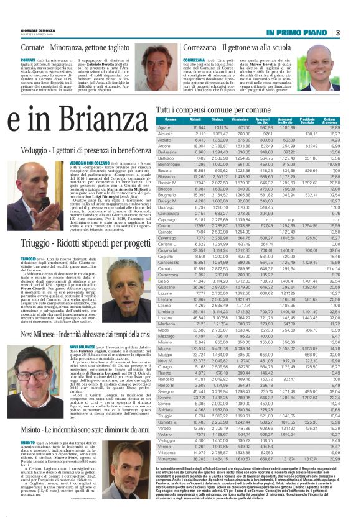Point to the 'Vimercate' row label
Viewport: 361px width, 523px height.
166,473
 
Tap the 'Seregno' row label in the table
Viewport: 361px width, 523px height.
166,409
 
